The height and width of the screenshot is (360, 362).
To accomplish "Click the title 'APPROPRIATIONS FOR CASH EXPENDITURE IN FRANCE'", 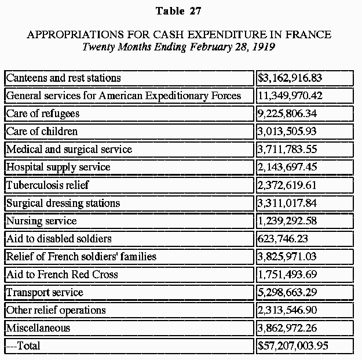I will (179, 35).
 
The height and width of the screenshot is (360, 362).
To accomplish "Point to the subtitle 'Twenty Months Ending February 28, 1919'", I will (179, 47).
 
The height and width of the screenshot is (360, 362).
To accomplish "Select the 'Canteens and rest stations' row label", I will (63, 78).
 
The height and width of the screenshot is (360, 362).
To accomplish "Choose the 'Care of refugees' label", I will (43, 114).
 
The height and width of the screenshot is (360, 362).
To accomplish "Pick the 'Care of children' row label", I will (42, 132).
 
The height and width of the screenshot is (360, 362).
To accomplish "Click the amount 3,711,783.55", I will (287, 150).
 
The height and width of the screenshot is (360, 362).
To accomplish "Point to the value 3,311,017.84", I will (287, 203).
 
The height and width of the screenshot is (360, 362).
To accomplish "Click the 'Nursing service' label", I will (41, 221).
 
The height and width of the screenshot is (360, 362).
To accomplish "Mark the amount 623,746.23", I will (283, 239).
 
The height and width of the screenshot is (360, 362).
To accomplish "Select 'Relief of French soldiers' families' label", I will (81, 257).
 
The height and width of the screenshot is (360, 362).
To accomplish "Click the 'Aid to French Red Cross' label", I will (62, 275).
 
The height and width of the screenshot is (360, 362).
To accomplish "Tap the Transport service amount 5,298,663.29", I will (287, 292).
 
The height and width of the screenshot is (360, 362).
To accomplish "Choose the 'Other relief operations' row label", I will (56, 310).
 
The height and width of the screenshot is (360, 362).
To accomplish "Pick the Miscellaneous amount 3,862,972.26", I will (287, 328).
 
